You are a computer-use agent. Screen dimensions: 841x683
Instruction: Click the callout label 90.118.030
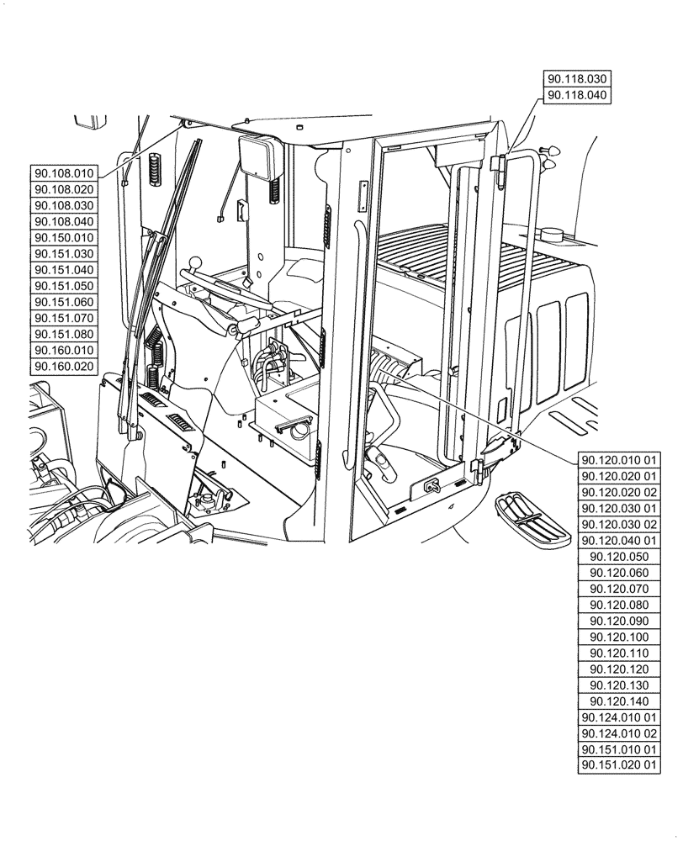577,79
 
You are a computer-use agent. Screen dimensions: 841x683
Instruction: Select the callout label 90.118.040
577,95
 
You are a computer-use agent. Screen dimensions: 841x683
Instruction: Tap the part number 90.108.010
64,173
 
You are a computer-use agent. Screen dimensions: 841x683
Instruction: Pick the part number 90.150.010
64,238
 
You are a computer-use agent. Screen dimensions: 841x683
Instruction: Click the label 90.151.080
64,335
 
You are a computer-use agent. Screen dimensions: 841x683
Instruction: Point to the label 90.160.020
64,367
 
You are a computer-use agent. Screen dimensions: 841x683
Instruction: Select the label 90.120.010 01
620,460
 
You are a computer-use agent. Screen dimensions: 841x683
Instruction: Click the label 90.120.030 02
620,525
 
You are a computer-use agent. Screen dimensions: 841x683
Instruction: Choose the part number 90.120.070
620,589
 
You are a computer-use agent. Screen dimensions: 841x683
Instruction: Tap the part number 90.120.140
620,701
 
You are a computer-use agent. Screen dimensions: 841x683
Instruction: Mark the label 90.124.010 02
620,733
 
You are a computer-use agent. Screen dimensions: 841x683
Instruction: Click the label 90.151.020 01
620,765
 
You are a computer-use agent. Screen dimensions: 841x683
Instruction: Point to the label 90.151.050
64,286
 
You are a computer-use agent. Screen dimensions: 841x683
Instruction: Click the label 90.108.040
64,222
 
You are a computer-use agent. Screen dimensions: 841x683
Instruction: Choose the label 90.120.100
620,637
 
